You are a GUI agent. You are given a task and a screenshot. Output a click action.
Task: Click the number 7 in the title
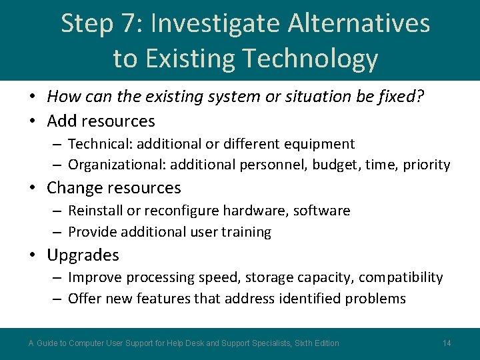pyautogui.click(x=132, y=24)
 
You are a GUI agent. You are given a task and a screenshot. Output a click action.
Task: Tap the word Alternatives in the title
pyautogui.click(x=359, y=24)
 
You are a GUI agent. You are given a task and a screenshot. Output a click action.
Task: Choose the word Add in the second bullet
pyautogui.click(x=61, y=121)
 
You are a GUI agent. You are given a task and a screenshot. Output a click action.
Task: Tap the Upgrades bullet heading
pyautogui.click(x=83, y=255)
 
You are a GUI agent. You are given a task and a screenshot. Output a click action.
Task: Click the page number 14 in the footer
pyautogui.click(x=447, y=343)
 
